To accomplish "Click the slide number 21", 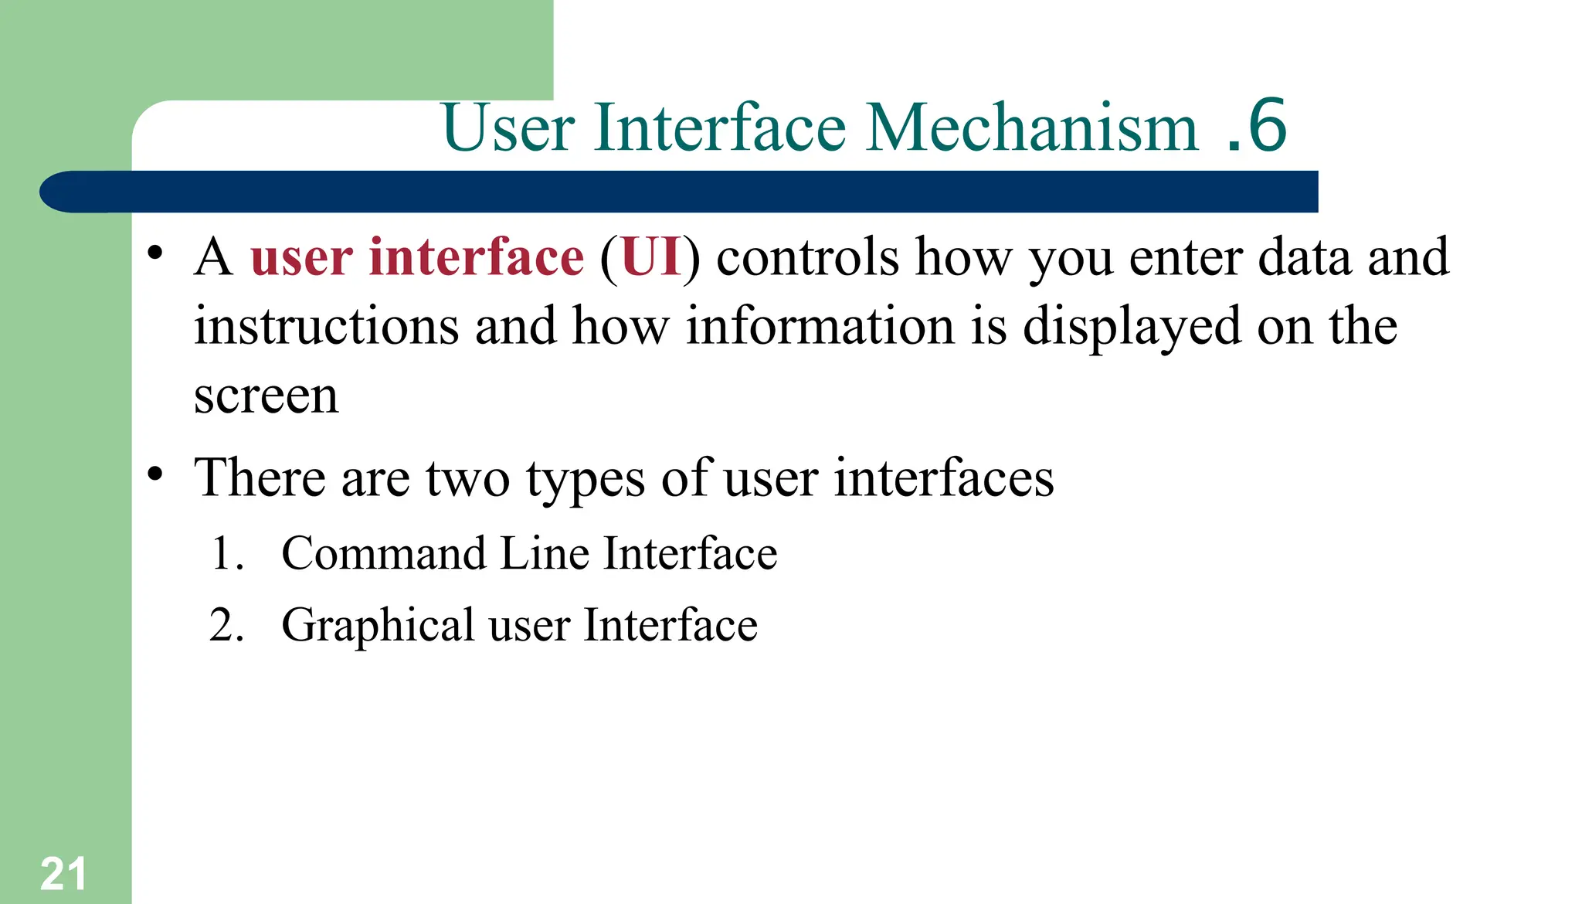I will [63, 874].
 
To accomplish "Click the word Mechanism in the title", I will [1032, 127].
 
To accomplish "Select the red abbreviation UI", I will [651, 257].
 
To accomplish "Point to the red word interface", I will [476, 257].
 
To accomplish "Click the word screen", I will [266, 397].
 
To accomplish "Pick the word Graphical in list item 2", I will [378, 625].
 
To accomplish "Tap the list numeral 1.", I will [225, 554].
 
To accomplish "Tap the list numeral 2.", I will [225, 625].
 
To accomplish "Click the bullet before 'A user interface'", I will [155, 253].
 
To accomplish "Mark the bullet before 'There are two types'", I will [155, 474].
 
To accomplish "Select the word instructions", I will [327, 325].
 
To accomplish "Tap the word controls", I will [807, 257].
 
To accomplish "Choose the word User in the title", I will [508, 127].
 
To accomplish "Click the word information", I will [820, 325].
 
